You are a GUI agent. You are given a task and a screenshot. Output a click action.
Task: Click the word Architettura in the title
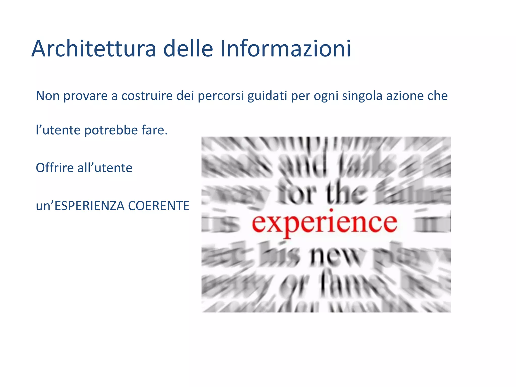coord(94,49)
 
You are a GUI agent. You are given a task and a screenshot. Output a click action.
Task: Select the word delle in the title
coord(188,49)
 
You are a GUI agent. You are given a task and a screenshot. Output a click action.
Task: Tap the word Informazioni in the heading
coord(285,49)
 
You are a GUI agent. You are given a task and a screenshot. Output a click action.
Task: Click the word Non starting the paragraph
coord(48,96)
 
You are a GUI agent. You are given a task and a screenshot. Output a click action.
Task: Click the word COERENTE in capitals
coord(158,206)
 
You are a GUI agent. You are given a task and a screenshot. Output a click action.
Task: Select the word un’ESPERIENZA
coord(80,206)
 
